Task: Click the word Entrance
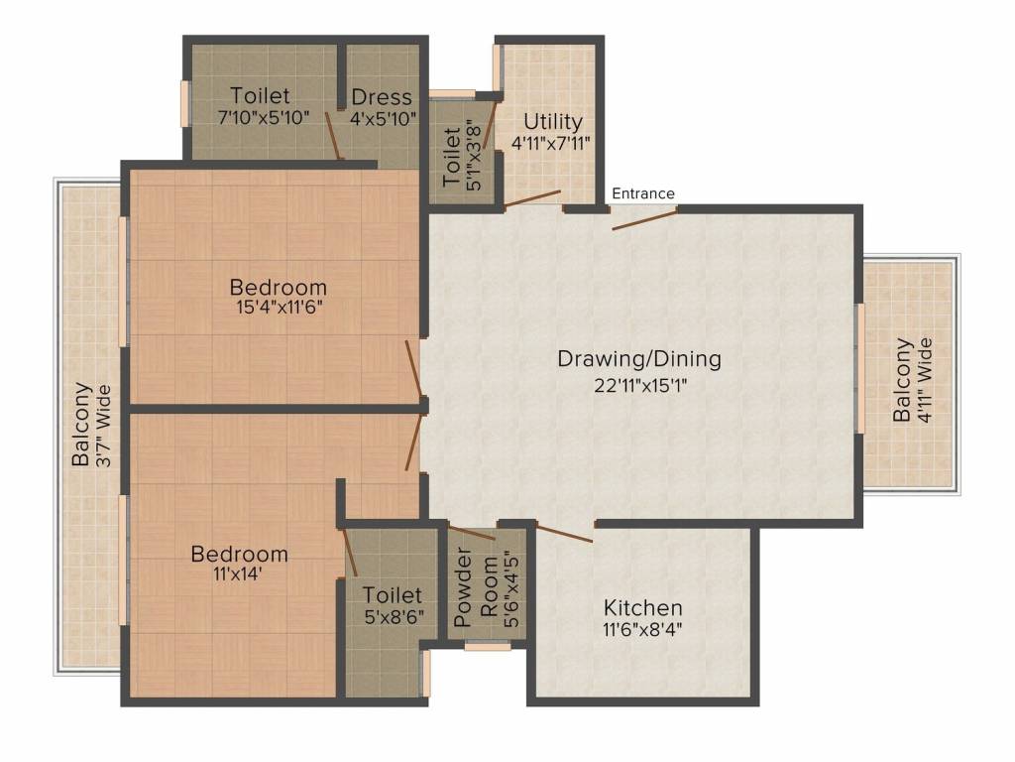[x=642, y=193]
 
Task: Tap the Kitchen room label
[x=642, y=608]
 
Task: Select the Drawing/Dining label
[x=639, y=358]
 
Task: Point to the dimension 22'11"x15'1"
[x=640, y=386]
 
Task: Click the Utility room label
[x=553, y=122]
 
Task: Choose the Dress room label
[x=382, y=97]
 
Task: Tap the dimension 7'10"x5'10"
[x=264, y=118]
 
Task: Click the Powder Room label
[x=476, y=587]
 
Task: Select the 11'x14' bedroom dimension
[x=238, y=574]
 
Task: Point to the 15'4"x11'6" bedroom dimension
[x=279, y=307]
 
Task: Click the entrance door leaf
[x=644, y=219]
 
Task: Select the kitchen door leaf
[x=564, y=533]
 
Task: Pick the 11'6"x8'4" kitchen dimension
[x=642, y=629]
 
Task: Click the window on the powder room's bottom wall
[x=488, y=646]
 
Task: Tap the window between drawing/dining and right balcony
[x=861, y=368]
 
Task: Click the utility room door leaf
[x=532, y=198]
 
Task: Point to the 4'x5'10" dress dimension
[x=383, y=119]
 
